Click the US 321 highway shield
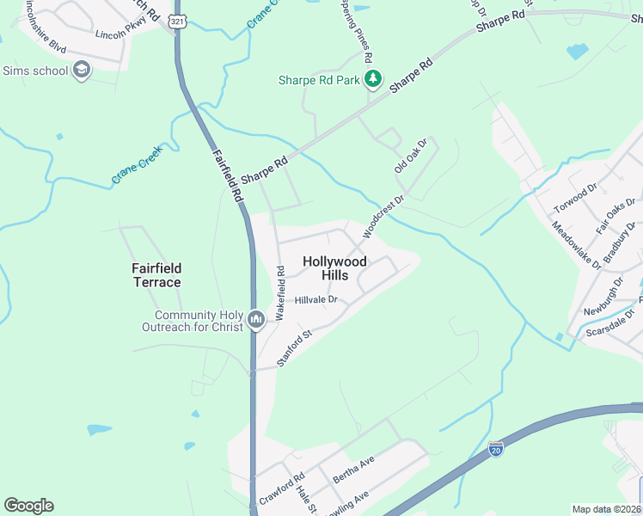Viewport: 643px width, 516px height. (x=177, y=21)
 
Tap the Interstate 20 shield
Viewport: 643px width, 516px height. (x=495, y=448)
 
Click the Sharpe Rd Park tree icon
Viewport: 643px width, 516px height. (x=373, y=80)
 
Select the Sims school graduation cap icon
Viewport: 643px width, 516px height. (x=82, y=71)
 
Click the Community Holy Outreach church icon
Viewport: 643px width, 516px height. (x=255, y=321)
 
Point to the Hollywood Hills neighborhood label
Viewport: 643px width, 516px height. (x=334, y=267)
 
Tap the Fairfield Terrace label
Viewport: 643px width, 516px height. (x=156, y=275)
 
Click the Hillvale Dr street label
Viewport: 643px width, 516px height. (x=316, y=300)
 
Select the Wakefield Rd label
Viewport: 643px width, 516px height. (x=280, y=293)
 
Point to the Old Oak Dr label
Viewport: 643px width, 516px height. (x=410, y=157)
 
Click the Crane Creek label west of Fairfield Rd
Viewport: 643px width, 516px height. (x=137, y=166)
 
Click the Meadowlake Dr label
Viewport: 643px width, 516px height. (x=576, y=246)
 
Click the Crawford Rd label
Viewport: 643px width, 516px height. (x=282, y=489)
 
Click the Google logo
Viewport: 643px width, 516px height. (x=28, y=506)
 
